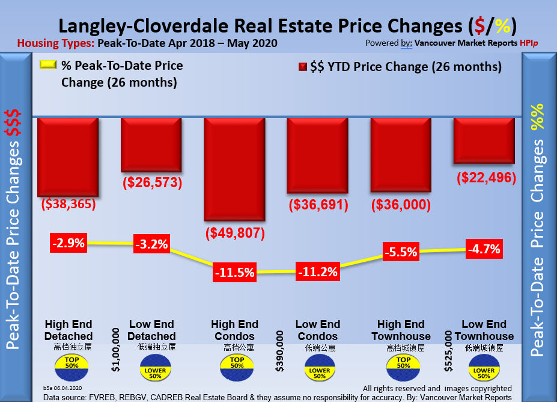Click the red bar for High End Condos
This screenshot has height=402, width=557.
pyautogui.click(x=234, y=169)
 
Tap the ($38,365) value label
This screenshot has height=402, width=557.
pyautogui.click(x=68, y=204)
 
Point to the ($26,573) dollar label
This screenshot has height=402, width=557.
pyautogui.click(x=151, y=182)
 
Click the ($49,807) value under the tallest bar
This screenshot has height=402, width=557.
pyautogui.click(x=234, y=232)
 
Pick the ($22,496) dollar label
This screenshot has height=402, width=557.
pyautogui.click(x=486, y=178)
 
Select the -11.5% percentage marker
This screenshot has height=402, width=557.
pyautogui.click(x=234, y=271)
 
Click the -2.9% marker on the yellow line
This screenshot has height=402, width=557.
pyautogui.click(x=68, y=244)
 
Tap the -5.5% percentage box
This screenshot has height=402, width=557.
pyautogui.click(x=401, y=252)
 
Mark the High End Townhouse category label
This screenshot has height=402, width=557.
pyautogui.click(x=401, y=330)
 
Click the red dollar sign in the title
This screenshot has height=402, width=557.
pyautogui.click(x=479, y=26)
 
